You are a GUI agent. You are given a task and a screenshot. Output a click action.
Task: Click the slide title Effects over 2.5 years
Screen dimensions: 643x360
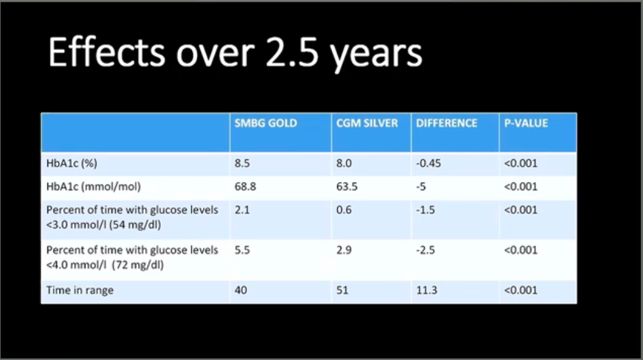click(235, 54)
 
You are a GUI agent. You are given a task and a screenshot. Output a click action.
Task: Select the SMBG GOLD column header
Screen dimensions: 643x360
click(266, 123)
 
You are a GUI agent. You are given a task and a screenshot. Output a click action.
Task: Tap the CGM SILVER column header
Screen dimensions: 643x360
click(367, 123)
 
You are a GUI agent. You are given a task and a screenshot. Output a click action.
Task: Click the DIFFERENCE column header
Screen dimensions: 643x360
click(447, 123)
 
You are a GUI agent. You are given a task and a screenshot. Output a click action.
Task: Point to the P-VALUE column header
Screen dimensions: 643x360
click(526, 123)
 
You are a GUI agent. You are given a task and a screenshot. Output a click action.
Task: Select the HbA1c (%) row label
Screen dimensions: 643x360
click(71, 164)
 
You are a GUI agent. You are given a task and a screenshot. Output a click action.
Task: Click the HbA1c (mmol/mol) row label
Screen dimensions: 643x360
click(94, 187)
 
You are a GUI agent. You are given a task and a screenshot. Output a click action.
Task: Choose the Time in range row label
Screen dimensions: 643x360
click(80, 290)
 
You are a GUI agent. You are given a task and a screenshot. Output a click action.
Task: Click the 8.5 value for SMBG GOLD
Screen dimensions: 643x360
click(243, 164)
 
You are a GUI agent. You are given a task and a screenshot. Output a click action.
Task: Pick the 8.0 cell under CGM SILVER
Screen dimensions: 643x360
click(344, 164)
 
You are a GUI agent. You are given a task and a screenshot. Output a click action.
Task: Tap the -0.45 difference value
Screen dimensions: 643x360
click(429, 164)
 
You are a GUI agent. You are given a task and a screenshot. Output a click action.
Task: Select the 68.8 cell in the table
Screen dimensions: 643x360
click(246, 187)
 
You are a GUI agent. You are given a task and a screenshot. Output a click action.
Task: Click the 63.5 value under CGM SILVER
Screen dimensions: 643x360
click(347, 187)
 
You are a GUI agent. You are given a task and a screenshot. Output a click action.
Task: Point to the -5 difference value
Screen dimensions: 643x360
click(421, 187)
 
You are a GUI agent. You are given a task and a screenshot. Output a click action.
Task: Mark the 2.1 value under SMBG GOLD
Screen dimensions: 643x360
click(243, 210)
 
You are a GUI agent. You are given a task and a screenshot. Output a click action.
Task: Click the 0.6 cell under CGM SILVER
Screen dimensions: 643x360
click(344, 210)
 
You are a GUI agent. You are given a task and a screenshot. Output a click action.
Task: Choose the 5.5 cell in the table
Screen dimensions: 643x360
click(243, 251)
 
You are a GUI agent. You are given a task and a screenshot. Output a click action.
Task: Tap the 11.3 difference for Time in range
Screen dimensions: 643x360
click(427, 290)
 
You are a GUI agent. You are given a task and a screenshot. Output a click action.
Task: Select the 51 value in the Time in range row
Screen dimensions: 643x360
click(342, 290)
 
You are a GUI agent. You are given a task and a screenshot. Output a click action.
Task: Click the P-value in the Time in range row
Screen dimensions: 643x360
click(521, 290)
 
